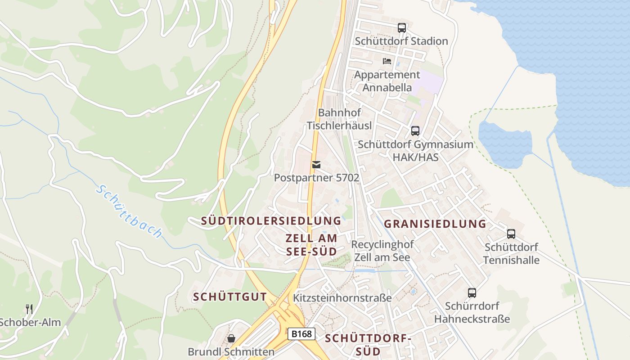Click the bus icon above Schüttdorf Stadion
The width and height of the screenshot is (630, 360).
click(x=402, y=28)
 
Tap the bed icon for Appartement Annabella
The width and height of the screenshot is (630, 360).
click(x=387, y=61)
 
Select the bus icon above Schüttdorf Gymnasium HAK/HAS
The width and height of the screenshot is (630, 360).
click(x=415, y=131)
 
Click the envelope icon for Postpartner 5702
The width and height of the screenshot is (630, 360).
click(x=316, y=165)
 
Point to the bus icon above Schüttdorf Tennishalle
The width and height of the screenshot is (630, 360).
click(x=511, y=234)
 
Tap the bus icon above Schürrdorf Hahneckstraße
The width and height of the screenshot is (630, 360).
click(x=472, y=293)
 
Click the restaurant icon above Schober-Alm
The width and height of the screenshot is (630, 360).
click(x=29, y=309)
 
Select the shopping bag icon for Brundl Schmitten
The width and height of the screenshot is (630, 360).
click(x=231, y=338)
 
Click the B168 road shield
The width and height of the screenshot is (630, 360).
click(x=301, y=334)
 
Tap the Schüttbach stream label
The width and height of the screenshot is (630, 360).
click(x=129, y=211)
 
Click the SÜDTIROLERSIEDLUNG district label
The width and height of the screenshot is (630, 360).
click(x=271, y=221)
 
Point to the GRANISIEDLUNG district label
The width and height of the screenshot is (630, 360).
click(x=435, y=224)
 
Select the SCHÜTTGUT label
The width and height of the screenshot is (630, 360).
click(x=230, y=297)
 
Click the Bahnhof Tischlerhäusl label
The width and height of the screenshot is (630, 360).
click(x=339, y=119)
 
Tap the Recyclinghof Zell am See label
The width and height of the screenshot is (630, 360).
click(x=382, y=251)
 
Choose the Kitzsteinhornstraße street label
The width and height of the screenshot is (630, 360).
click(x=342, y=298)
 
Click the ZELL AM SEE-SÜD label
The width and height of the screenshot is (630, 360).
click(x=311, y=244)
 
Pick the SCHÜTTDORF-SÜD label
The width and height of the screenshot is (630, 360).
click(x=368, y=345)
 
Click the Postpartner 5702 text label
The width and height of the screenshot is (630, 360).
click(x=316, y=178)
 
